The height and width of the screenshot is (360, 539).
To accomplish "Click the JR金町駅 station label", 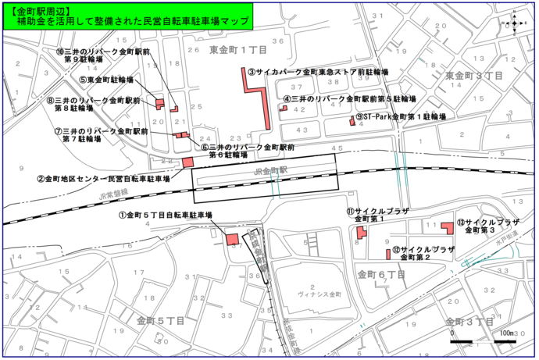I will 271,169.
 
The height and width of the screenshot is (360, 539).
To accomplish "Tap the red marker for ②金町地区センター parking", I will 188,162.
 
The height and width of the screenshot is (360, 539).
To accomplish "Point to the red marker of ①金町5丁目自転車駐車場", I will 233,240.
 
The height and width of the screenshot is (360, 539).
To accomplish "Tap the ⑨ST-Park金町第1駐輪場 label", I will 400,117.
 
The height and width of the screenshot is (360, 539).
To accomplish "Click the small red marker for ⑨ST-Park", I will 352,121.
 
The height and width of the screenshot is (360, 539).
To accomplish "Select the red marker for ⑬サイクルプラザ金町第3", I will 448,226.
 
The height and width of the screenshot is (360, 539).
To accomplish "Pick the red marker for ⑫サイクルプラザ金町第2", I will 388,254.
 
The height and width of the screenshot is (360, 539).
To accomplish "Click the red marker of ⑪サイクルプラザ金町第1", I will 361,233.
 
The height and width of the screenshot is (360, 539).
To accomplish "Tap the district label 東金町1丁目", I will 239,50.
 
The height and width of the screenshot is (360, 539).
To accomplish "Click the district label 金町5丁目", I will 160,321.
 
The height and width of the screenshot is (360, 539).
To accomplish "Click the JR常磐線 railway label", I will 113,194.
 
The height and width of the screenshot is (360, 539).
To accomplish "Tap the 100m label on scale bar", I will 505,333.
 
